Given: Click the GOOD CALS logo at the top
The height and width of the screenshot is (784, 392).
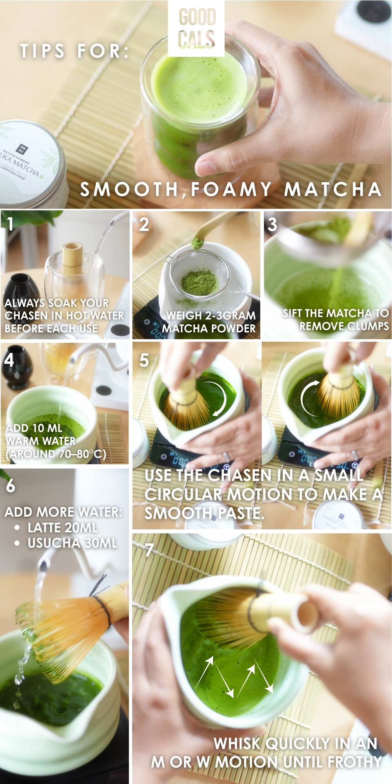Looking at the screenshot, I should (x=196, y=28).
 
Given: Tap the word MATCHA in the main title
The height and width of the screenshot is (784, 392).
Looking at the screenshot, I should (x=332, y=189).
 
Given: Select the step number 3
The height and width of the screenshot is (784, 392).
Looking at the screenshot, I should (x=272, y=225).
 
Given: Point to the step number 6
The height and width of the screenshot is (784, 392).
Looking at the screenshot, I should (x=11, y=485).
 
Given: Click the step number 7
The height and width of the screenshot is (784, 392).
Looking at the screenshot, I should (x=149, y=550).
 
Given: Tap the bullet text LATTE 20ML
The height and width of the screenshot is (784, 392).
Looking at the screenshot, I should (x=62, y=528).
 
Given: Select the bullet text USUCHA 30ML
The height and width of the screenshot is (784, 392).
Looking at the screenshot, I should (x=72, y=543).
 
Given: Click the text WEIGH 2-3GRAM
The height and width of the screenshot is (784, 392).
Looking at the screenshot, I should (x=211, y=316).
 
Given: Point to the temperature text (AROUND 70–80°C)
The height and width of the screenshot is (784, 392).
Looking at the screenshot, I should (x=56, y=454).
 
